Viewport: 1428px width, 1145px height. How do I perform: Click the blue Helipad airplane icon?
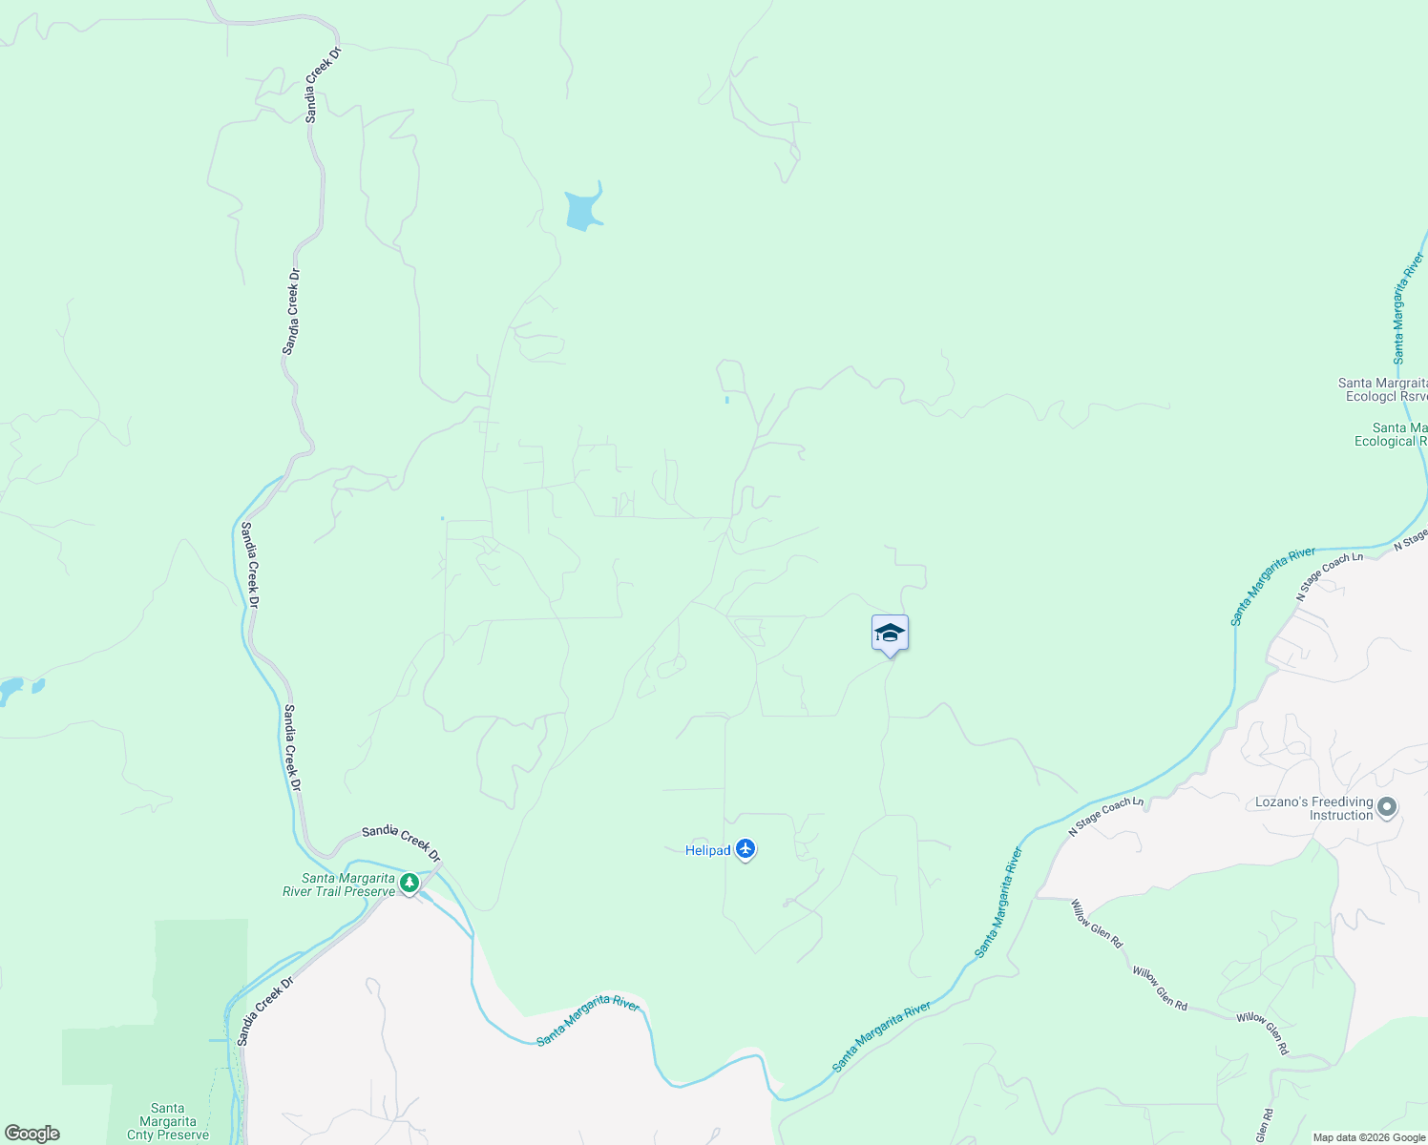[745, 848]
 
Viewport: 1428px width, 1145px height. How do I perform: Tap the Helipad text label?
[707, 850]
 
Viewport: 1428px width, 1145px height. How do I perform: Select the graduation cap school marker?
[890, 634]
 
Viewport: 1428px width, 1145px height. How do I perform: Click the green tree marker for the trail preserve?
[409, 883]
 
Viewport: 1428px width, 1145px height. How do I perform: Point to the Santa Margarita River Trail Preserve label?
[339, 885]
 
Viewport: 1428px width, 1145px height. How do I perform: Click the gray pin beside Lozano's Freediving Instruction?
[1388, 807]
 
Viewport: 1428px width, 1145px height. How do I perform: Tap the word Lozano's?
[1280, 801]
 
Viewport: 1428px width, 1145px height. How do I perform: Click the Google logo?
[31, 1134]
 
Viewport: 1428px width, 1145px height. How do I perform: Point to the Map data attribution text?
[1369, 1137]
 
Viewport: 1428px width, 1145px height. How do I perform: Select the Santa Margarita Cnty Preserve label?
[168, 1122]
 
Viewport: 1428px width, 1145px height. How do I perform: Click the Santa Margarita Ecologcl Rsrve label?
[1383, 389]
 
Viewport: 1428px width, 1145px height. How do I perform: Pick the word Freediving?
[1343, 801]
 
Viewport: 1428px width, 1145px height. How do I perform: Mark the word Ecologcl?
[1372, 396]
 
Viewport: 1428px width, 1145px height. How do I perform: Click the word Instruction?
[1340, 815]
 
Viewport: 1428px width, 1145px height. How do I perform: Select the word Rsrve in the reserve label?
[1414, 396]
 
